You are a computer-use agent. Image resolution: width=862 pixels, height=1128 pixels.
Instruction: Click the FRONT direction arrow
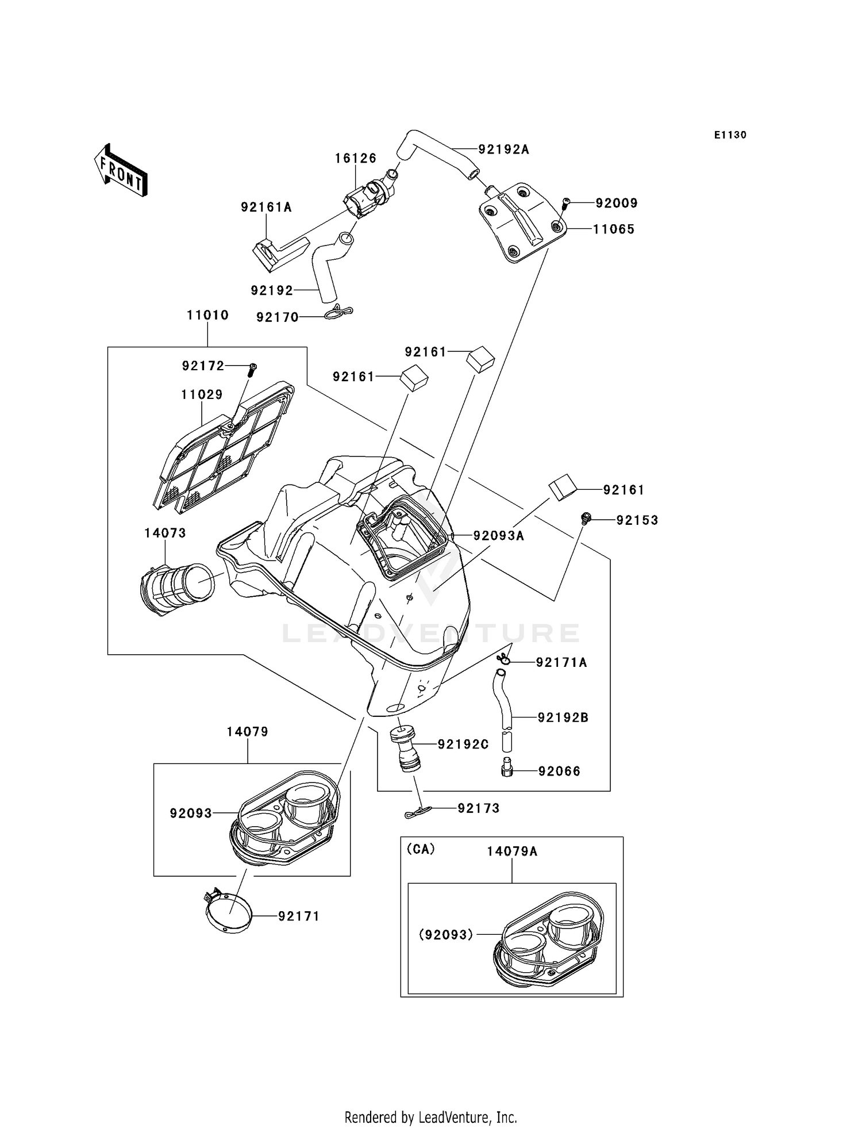[121, 171]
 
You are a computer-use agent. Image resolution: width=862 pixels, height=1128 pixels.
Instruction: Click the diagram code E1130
[730, 135]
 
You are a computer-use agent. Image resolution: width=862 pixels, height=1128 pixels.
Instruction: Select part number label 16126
[356, 158]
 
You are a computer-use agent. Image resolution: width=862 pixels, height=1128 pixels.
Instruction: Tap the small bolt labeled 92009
[565, 203]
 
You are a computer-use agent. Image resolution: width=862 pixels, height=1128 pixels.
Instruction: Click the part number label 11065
[613, 229]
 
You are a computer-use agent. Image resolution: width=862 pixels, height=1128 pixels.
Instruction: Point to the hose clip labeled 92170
[338, 313]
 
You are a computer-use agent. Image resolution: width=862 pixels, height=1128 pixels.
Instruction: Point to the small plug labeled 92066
[506, 767]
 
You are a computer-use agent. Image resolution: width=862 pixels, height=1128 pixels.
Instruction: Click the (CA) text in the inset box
[421, 849]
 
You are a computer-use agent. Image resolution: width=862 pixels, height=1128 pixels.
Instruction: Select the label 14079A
[511, 851]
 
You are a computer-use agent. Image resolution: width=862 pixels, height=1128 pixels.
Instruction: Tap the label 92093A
[498, 536]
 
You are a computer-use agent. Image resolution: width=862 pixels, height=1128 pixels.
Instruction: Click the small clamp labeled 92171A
[504, 659]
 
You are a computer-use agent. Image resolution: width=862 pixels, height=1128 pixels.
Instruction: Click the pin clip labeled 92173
[415, 812]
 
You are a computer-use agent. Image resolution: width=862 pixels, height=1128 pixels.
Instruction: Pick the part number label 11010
[207, 315]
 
